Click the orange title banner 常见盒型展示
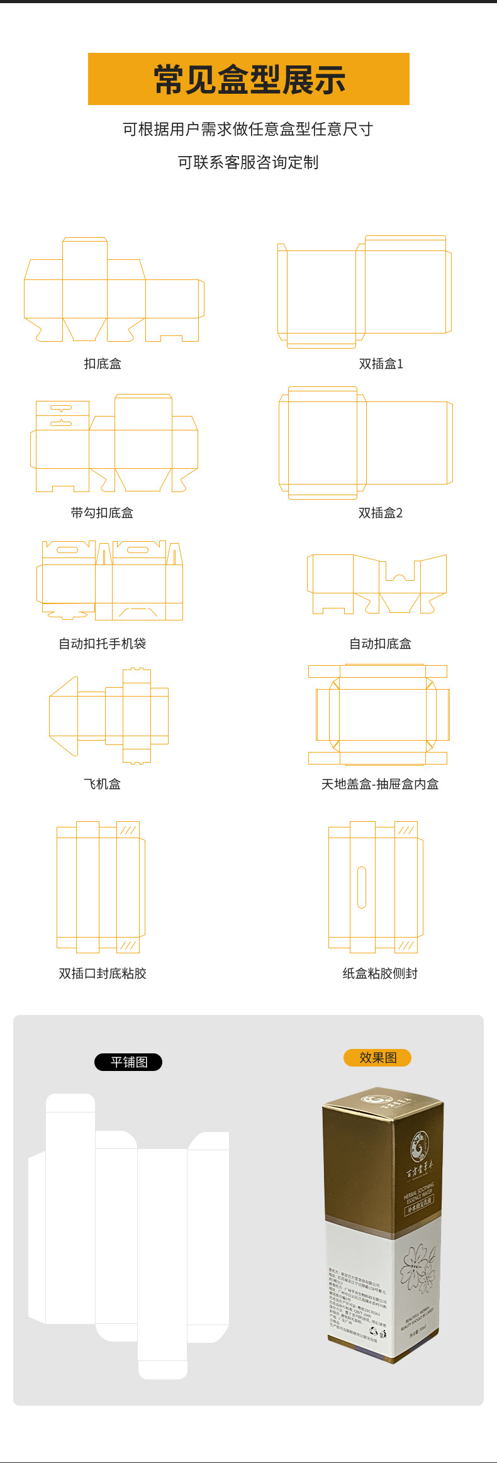[x=248, y=79]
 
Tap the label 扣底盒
[x=103, y=364]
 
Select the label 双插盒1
[x=381, y=364]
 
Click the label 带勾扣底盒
[x=102, y=513]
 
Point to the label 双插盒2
[x=380, y=513]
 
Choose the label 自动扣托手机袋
[x=102, y=644]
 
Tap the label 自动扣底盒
[x=380, y=644]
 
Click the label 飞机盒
[x=102, y=784]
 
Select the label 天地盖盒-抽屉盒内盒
[x=380, y=784]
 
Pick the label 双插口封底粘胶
[x=102, y=973]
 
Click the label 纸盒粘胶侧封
[x=380, y=973]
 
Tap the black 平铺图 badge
[x=128, y=1062]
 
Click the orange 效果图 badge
[x=377, y=1058]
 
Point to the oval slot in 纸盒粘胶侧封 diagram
[x=362, y=887]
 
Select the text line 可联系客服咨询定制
[x=248, y=162]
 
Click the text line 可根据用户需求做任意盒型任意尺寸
[x=248, y=129]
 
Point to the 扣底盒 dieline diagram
[x=113, y=291]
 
